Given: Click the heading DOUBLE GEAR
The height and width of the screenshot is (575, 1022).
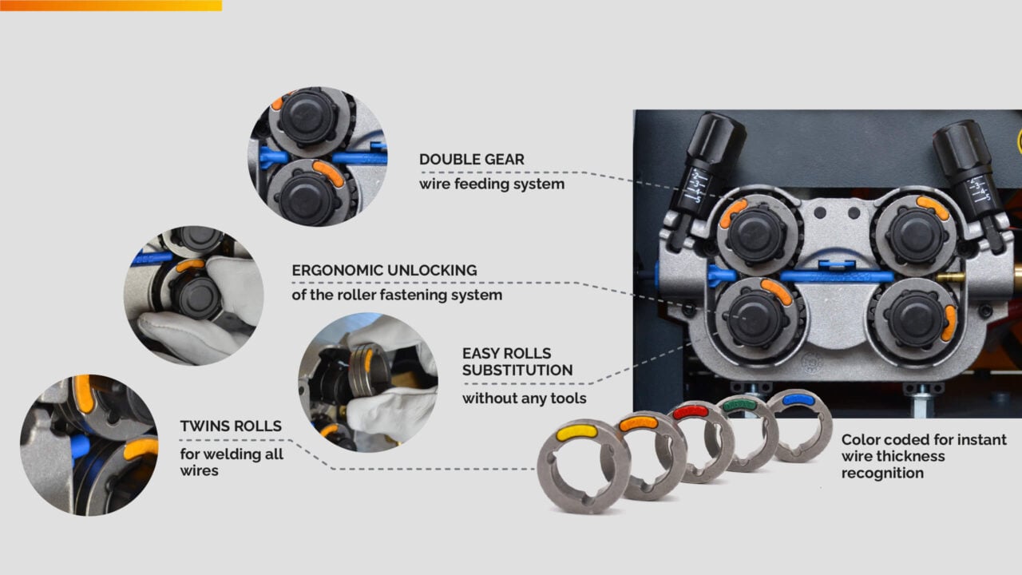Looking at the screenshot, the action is [472, 159].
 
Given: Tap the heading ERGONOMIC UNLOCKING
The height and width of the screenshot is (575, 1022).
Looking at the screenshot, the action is [384, 270].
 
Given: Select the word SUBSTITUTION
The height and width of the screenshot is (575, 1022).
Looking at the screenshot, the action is [517, 370].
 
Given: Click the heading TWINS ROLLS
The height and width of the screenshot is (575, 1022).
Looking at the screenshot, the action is [231, 426].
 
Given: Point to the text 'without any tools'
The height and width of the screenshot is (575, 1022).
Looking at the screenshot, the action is [525, 399].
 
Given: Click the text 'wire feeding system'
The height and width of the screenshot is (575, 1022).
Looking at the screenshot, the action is [492, 184].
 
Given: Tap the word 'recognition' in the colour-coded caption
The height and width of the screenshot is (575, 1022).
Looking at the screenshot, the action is [882, 474].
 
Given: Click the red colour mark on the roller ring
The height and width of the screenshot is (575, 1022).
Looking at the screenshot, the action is [691, 412].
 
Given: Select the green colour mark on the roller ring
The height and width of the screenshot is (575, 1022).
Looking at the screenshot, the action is [739, 404].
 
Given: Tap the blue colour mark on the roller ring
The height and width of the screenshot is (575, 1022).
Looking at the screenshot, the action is [798, 400].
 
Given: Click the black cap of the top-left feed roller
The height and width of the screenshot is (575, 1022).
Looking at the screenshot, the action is [756, 235].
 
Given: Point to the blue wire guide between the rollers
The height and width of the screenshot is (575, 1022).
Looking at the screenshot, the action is [836, 276].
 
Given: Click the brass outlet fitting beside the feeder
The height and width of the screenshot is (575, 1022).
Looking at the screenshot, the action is [950, 276].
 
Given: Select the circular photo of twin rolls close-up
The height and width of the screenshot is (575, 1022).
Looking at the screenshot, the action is [89, 446].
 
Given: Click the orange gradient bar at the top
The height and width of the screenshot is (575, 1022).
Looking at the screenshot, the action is [111, 6].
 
